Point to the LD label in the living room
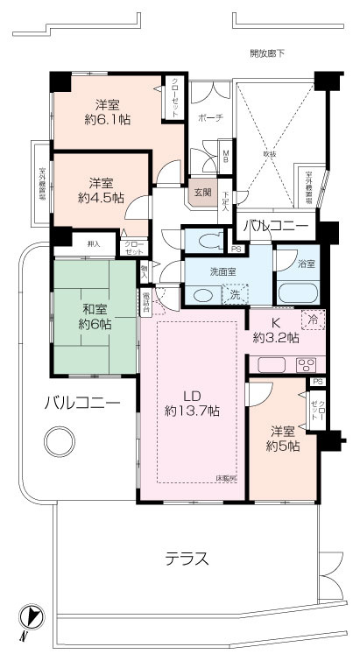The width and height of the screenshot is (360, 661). click(190, 393)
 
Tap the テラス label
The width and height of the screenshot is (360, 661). click(187, 558)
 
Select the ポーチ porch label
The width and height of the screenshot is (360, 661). click(210, 117)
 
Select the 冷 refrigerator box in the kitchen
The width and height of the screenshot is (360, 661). click(310, 320)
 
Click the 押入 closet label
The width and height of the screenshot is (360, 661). click(93, 244)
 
